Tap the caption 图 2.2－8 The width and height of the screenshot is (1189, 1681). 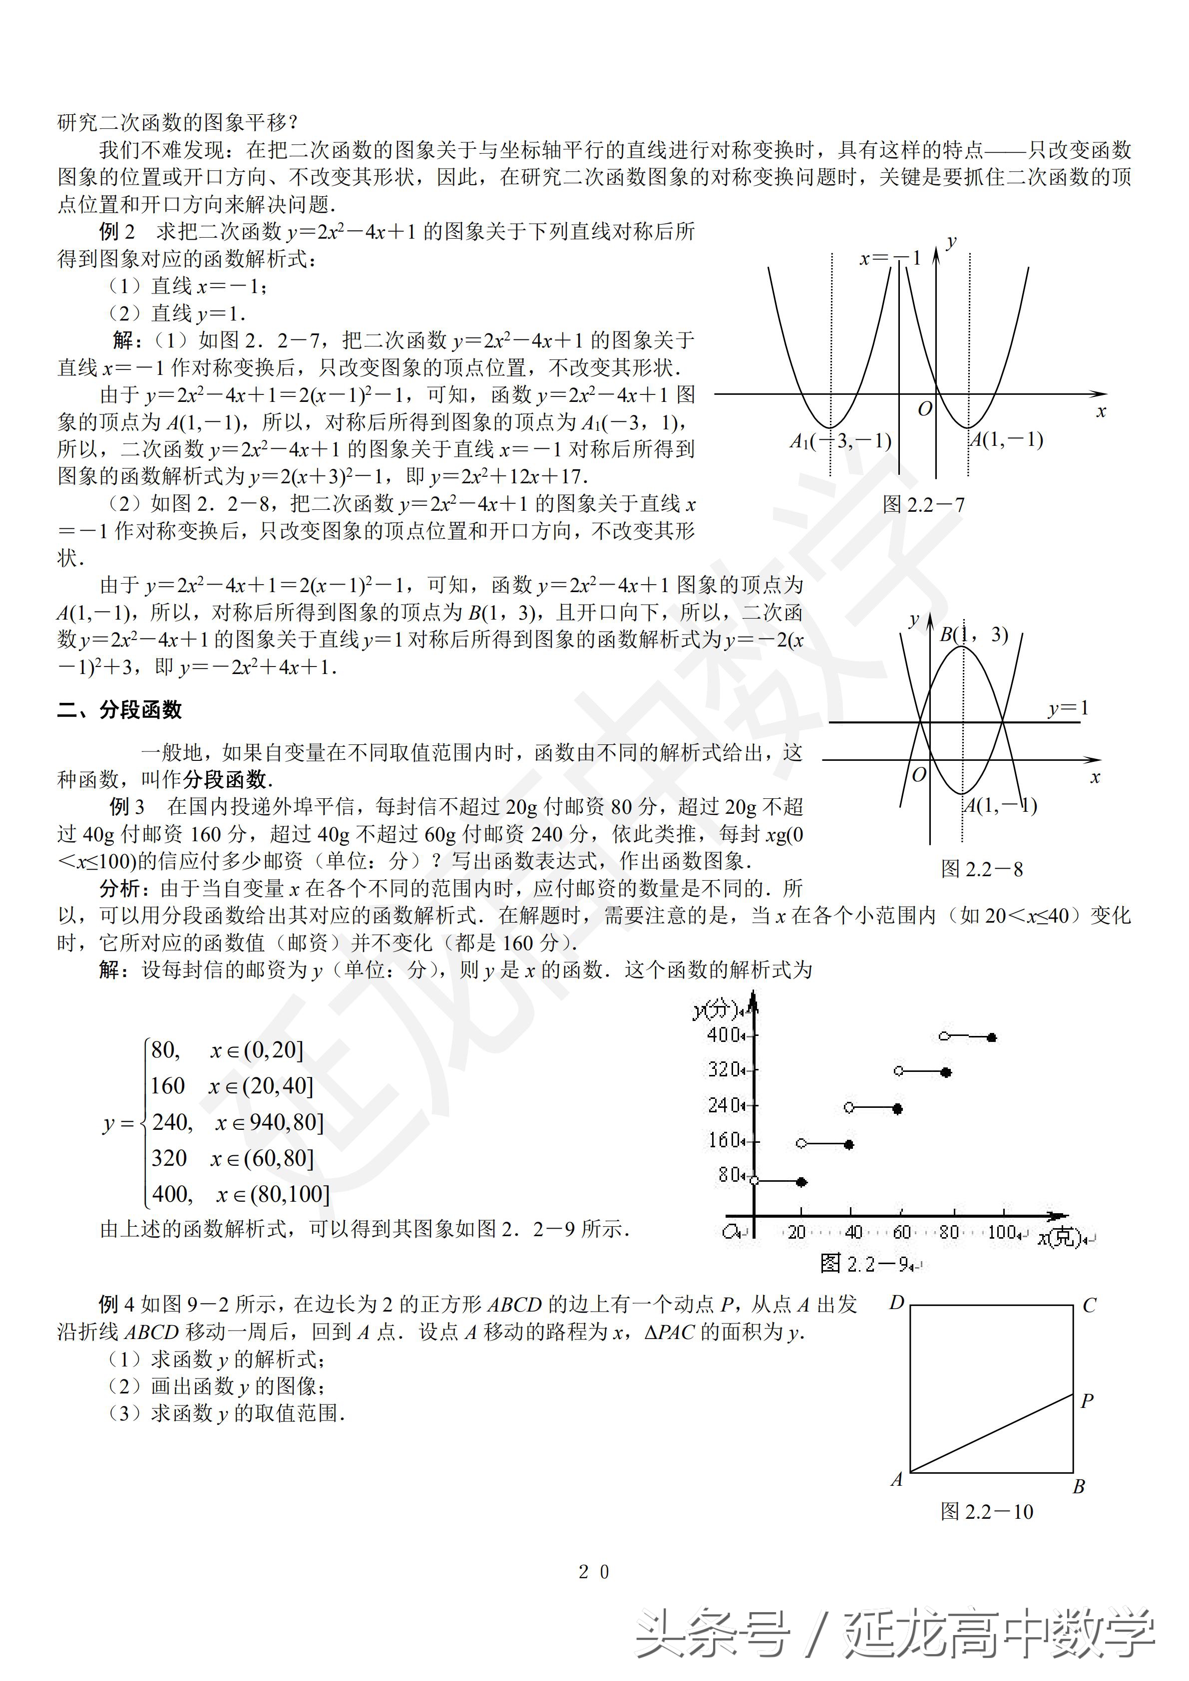982,869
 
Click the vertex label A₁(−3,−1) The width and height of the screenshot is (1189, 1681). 840,441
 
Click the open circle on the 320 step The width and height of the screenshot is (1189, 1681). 899,1071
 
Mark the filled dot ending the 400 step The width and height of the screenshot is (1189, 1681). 992,1037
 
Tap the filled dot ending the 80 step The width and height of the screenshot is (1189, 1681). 801,1182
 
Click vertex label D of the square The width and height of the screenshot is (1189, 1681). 897,1303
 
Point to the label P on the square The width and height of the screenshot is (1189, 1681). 1087,1400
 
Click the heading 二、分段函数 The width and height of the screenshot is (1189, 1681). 119,709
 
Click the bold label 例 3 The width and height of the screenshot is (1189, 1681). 127,806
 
